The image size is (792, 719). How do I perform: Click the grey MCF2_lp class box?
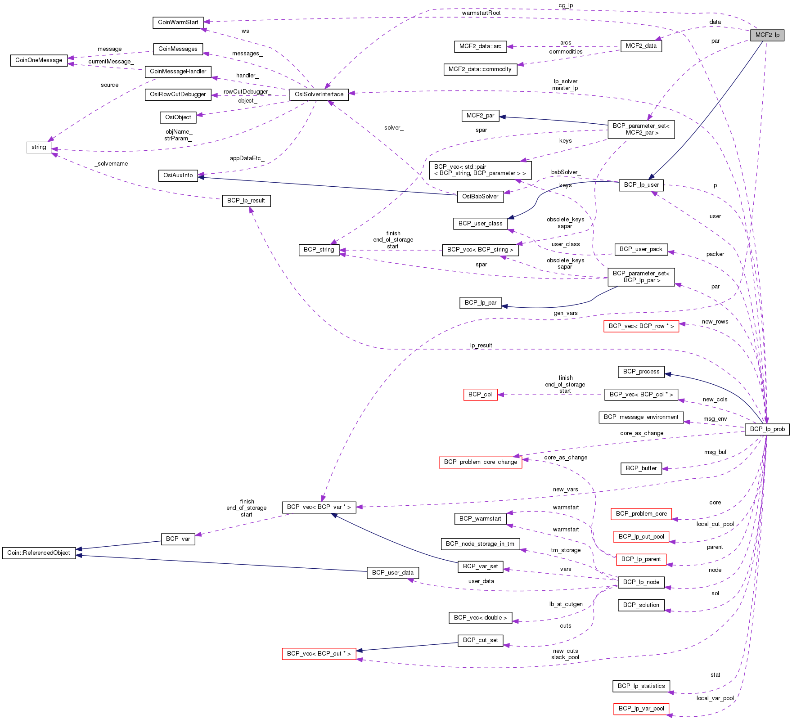click(x=767, y=35)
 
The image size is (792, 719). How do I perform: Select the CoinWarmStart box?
click(x=178, y=22)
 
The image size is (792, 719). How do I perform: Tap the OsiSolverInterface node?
click(x=319, y=94)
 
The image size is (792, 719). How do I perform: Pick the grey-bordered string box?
click(x=39, y=147)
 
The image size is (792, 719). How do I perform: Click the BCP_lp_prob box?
click(x=767, y=429)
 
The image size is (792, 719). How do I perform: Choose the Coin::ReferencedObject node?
click(x=39, y=553)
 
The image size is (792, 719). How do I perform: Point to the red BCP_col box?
click(x=480, y=395)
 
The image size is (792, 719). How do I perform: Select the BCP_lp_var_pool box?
click(x=641, y=709)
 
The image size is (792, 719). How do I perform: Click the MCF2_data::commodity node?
click(x=480, y=69)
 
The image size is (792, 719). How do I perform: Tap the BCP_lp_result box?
click(x=246, y=201)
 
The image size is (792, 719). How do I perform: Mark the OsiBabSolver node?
click(x=480, y=197)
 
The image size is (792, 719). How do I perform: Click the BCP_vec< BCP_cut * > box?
click(x=319, y=654)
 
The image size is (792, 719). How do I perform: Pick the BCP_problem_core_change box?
click(x=480, y=462)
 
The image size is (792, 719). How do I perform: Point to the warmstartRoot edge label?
click(x=481, y=13)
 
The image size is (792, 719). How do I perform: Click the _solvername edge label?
click(x=112, y=164)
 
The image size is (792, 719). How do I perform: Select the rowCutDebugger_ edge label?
click(x=247, y=92)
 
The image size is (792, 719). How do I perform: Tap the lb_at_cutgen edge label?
click(x=566, y=604)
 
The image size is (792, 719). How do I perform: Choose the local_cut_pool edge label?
click(x=715, y=524)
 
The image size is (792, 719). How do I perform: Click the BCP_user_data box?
click(x=392, y=573)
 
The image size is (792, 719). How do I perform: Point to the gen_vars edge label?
click(x=565, y=313)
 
